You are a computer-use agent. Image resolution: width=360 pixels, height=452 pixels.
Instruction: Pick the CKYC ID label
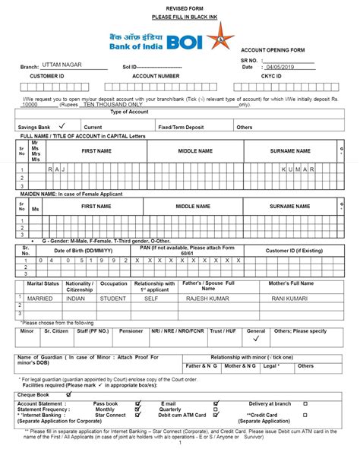coord(270,77)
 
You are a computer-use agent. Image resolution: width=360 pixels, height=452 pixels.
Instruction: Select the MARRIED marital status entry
coord(40,299)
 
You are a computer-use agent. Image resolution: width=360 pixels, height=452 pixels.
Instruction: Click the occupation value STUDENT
coord(114,299)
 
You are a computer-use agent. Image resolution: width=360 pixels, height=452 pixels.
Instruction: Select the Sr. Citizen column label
coord(55,331)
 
